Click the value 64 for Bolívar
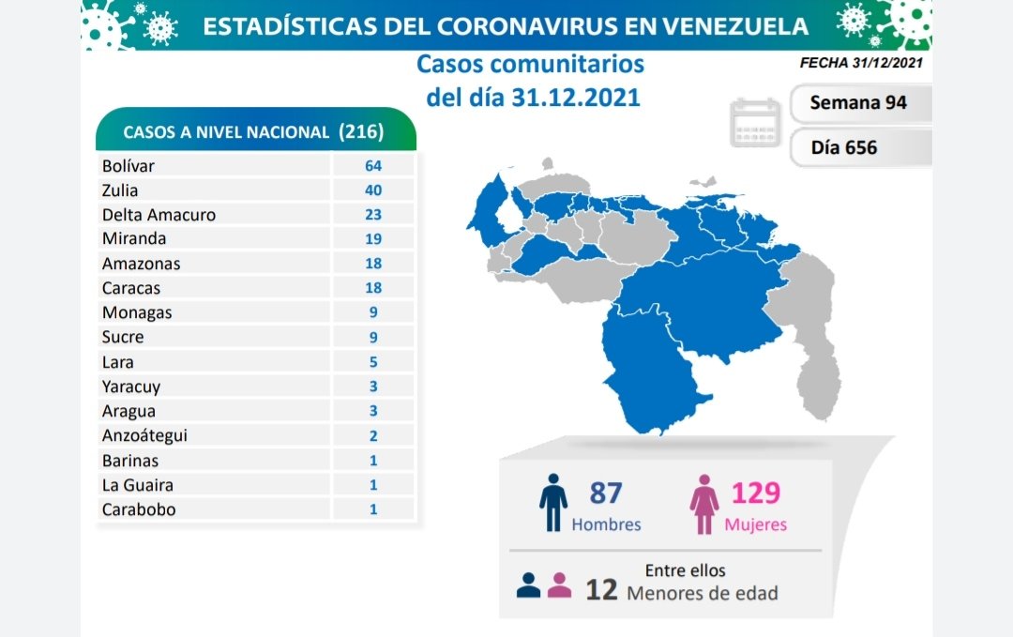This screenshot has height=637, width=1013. click(x=374, y=166)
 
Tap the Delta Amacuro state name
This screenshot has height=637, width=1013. click(x=159, y=215)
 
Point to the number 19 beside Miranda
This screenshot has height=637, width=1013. click(x=374, y=239)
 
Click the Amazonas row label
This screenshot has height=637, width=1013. click(x=141, y=264)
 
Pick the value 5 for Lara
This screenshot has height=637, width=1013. click(x=374, y=361)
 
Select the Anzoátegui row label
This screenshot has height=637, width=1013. click(x=146, y=435)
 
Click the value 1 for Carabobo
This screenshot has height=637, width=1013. click(x=374, y=509)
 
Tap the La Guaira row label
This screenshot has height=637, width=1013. click(x=137, y=485)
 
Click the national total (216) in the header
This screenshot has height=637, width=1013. click(x=361, y=131)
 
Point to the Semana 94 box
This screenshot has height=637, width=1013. click(x=858, y=102)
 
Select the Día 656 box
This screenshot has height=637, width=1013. click(x=843, y=146)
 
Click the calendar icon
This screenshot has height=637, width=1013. click(x=756, y=122)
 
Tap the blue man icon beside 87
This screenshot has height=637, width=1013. click(x=553, y=503)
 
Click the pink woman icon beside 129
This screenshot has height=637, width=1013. click(x=703, y=504)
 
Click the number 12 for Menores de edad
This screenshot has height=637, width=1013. click(x=601, y=590)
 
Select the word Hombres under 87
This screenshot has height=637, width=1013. click(x=606, y=524)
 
